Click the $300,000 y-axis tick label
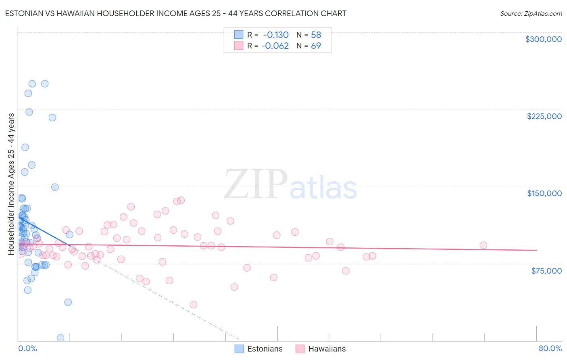(543, 39)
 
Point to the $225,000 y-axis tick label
(544, 116)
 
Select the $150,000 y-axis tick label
(544, 193)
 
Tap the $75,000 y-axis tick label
(546, 271)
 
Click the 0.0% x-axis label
(27, 348)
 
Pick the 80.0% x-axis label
(550, 348)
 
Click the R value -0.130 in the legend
(276, 35)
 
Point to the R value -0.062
(275, 46)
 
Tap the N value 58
(316, 35)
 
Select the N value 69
(316, 46)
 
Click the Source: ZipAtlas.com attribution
(531, 13)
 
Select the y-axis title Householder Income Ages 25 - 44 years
(11, 184)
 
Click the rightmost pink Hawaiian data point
(483, 245)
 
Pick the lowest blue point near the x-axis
(60, 338)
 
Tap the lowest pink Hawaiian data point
(194, 305)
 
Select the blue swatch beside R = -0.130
(239, 35)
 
